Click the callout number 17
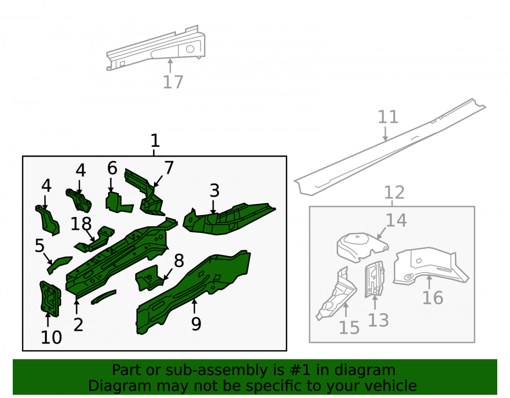173,82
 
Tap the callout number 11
388,117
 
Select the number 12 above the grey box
394,193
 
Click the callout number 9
196,324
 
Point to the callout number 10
52,337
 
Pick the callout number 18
81,224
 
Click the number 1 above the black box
155,141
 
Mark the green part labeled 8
149,278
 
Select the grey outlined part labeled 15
337,294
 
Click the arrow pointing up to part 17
170,66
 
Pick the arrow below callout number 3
213,207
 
